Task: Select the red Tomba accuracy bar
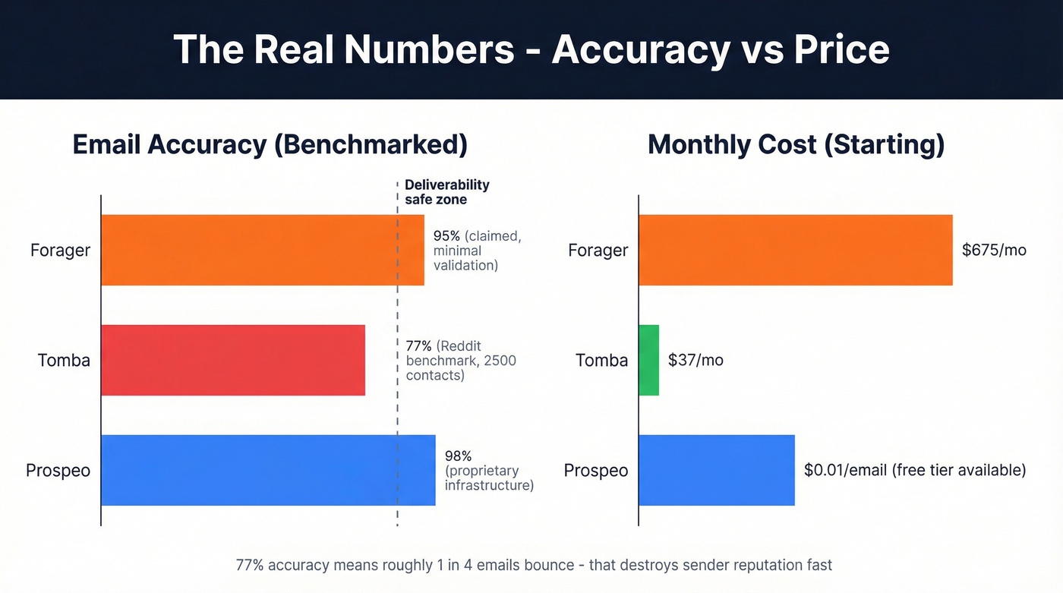[232, 360]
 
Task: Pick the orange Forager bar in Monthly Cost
[795, 250]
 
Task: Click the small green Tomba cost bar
[648, 360]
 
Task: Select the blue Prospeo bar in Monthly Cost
[716, 470]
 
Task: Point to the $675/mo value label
[994, 250]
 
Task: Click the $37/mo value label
[696, 360]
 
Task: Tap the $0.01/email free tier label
[914, 470]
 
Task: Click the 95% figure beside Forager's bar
[447, 236]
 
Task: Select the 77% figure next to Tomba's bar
[418, 346]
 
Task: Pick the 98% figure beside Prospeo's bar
[458, 456]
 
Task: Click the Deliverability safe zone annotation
[446, 192]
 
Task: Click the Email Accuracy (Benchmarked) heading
[270, 144]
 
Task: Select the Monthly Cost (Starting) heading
[796, 144]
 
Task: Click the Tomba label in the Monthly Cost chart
[601, 360]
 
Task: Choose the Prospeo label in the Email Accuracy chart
[58, 471]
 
